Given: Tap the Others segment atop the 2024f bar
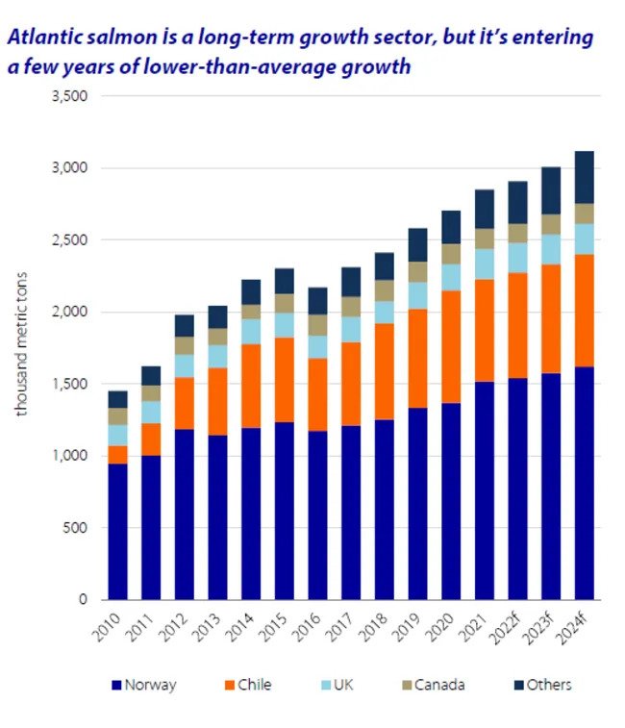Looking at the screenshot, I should tap(584, 177).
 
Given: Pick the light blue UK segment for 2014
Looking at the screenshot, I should tap(251, 331).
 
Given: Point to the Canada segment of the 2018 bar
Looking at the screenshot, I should tap(385, 290).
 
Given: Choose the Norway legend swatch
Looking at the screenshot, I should tap(117, 685).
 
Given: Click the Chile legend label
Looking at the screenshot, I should tap(255, 685).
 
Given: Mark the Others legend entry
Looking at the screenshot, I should tap(549, 685).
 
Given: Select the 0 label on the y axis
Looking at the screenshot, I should tap(84, 599).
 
